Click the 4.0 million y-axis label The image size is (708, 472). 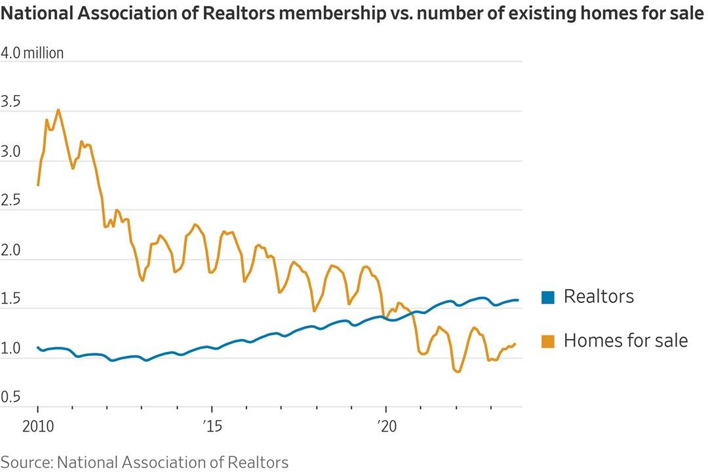coord(32,53)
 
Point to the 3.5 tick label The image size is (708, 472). coord(11,102)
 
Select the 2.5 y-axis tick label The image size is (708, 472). coord(11,201)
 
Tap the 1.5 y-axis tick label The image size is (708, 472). coord(11,300)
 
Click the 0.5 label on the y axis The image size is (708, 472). coord(11,398)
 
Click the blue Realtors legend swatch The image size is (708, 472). coord(548,298)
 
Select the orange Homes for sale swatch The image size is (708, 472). coord(548,341)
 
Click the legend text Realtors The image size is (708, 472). coord(599,297)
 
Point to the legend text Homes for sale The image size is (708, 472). coord(625,340)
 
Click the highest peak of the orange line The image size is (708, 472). coord(59,110)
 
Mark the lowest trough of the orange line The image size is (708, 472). coord(458,372)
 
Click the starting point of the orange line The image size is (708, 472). coord(38,186)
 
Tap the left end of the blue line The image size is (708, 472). coord(38,347)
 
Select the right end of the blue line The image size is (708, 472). coord(518,300)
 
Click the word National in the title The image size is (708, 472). coord(33,14)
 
